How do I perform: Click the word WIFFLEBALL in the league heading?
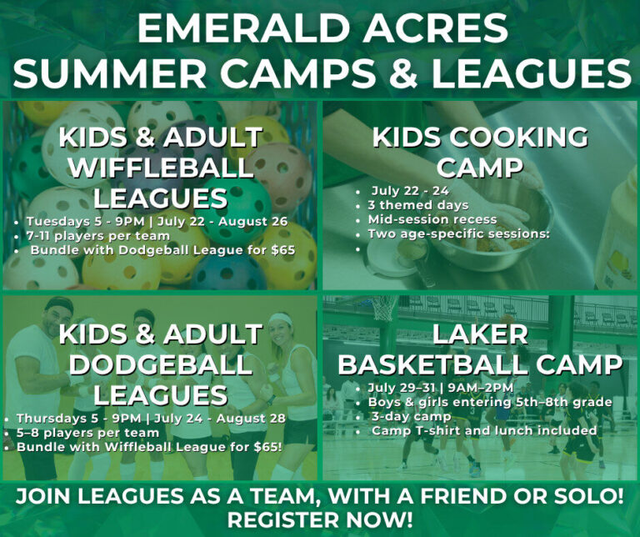[x=161, y=168]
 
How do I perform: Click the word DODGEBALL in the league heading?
[x=160, y=364]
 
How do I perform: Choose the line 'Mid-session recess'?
[x=432, y=219]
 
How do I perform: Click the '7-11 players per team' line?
[x=92, y=236]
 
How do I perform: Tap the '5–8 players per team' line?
[x=87, y=433]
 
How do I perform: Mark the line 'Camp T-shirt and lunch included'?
[x=484, y=431]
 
